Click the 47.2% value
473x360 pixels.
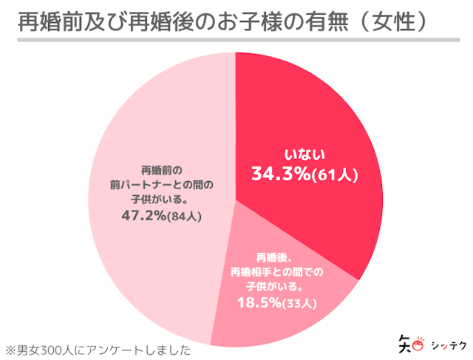[x=144, y=217]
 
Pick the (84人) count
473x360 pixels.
[x=186, y=217]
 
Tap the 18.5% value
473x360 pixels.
[x=259, y=302]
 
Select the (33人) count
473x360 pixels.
[x=299, y=303]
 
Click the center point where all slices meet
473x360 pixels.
[x=236, y=200]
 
